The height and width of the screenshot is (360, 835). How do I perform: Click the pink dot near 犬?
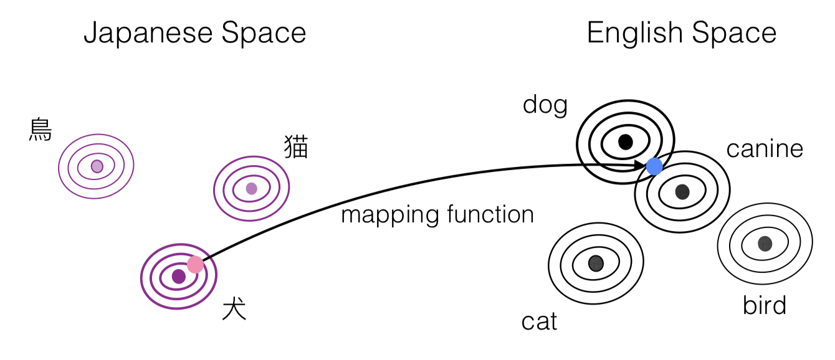(x=195, y=265)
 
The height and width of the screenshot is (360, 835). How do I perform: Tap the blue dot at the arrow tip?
(x=654, y=166)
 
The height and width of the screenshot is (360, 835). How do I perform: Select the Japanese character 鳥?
(x=41, y=130)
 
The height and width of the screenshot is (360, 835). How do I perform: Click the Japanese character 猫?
(x=296, y=148)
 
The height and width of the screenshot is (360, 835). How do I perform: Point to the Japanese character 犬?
(x=234, y=309)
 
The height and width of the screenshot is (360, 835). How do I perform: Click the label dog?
(x=545, y=105)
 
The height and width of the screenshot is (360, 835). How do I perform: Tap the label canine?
(x=765, y=149)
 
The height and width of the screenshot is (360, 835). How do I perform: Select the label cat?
(x=539, y=321)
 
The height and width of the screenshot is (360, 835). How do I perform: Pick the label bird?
(x=765, y=306)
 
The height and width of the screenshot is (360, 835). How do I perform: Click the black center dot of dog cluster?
(x=626, y=142)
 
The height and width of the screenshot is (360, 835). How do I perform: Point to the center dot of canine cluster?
(x=682, y=192)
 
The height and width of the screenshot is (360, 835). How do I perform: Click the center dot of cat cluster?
(x=596, y=263)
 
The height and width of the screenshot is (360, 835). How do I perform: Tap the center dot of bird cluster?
(x=765, y=244)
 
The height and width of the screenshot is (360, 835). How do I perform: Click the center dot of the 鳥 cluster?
(x=97, y=166)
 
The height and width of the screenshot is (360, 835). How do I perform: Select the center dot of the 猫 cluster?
(x=251, y=188)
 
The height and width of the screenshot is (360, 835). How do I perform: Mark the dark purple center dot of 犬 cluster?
(x=179, y=276)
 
